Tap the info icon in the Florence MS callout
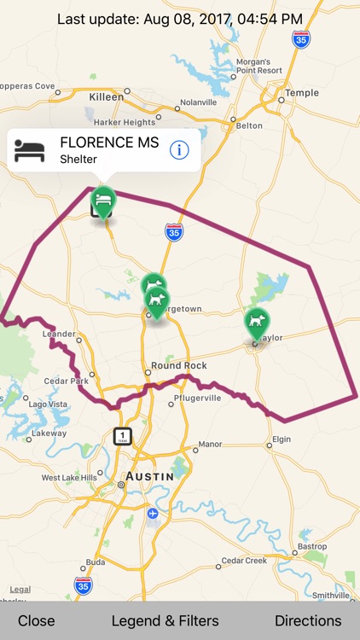click(x=179, y=150)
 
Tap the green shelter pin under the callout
click(x=102, y=202)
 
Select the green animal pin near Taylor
click(x=256, y=323)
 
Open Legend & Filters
click(x=165, y=620)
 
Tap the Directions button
click(x=308, y=620)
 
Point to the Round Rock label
click(x=178, y=365)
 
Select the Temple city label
click(x=302, y=93)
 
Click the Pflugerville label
click(x=196, y=398)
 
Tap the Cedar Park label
click(x=67, y=381)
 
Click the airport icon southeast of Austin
click(x=152, y=513)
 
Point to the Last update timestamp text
click(x=180, y=18)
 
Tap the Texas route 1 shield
click(x=123, y=436)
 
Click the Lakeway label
click(x=49, y=433)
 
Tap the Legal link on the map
click(x=20, y=589)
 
